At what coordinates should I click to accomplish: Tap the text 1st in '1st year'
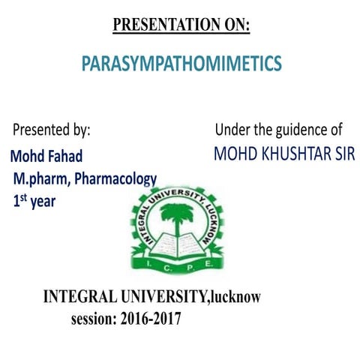(19, 200)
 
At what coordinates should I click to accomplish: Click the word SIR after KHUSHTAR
(341, 154)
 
